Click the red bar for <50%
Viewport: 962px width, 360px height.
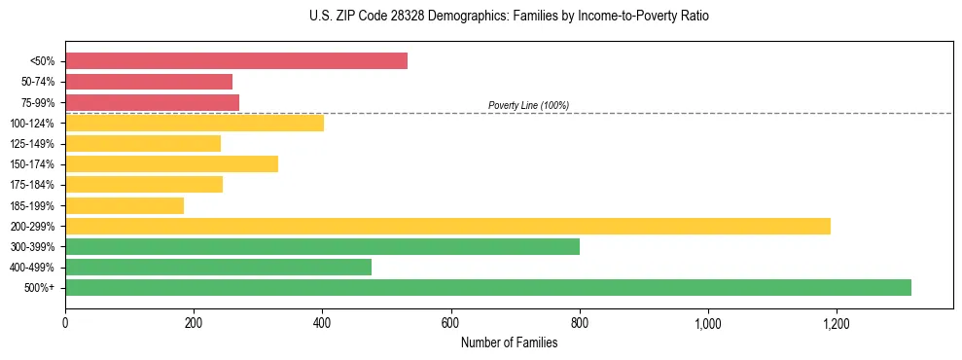pyautogui.click(x=236, y=61)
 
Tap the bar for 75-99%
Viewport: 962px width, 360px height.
pyautogui.click(x=152, y=102)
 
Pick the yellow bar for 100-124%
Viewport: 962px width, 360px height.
pyautogui.click(x=195, y=123)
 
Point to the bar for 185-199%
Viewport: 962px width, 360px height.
pyautogui.click(x=125, y=205)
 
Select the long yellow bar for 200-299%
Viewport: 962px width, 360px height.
pyautogui.click(x=447, y=226)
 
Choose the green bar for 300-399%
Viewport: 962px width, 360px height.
pyautogui.click(x=322, y=246)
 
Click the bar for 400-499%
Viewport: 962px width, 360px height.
pyautogui.click(x=218, y=267)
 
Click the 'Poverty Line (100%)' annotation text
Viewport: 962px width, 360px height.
pyautogui.click(x=528, y=105)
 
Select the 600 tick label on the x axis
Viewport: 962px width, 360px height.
pyautogui.click(x=450, y=322)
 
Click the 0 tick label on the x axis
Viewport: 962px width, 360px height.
pyautogui.click(x=65, y=322)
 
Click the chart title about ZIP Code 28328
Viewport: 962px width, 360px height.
pyautogui.click(x=509, y=17)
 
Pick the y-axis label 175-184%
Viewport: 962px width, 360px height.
pyautogui.click(x=32, y=185)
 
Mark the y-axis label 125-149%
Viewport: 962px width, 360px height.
pyautogui.click(x=32, y=144)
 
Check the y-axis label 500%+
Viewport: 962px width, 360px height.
pyautogui.click(x=40, y=288)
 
